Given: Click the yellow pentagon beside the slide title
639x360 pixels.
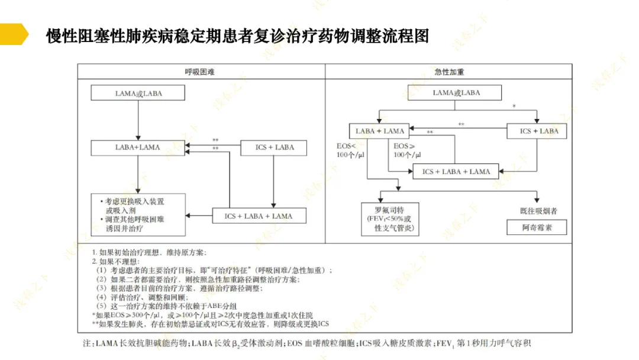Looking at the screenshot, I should point(13,34).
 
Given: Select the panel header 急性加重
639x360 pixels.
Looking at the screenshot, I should point(449,72).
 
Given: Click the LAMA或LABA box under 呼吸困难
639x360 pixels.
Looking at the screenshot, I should point(138,93).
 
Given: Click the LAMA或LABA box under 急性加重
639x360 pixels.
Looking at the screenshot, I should point(456,93).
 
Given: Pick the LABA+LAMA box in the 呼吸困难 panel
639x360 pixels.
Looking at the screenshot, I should point(137,147).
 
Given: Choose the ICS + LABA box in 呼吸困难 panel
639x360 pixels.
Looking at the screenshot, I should point(274,147).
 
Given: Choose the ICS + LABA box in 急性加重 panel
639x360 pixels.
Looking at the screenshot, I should point(538,131).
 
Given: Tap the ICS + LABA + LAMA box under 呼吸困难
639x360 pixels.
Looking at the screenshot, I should point(259,216).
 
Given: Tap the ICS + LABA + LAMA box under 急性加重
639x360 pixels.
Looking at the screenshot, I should point(456,172).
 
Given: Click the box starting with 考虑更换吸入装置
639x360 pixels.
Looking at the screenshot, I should point(138,214).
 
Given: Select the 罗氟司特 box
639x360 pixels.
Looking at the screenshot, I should point(390,219).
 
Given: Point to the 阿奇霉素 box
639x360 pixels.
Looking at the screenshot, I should point(537,227).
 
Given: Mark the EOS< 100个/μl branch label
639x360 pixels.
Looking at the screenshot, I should point(347,150).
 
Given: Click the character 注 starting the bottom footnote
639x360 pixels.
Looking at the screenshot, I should point(87,343).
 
